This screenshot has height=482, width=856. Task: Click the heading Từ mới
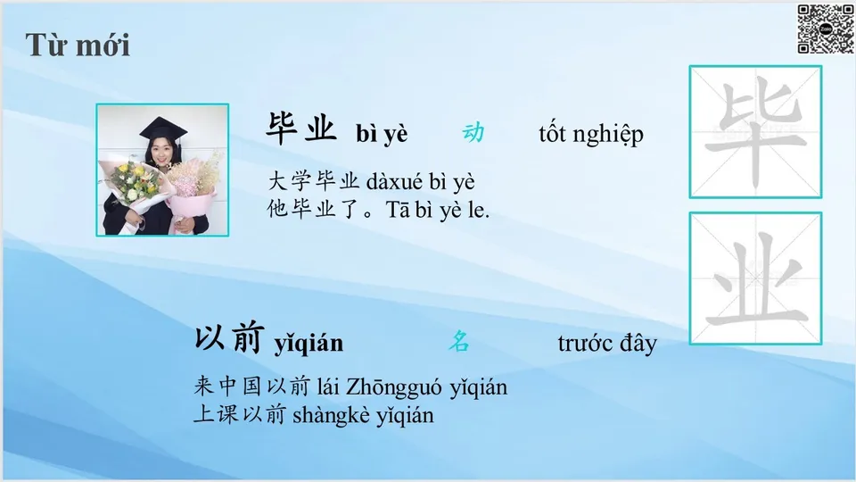[78, 44]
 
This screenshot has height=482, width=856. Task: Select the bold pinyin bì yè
[382, 134]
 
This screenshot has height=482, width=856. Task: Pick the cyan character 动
[473, 133]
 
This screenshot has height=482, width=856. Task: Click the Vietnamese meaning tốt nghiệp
[590, 135]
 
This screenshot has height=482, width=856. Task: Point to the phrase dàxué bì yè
[420, 183]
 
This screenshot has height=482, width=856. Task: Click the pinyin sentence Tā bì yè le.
[439, 212]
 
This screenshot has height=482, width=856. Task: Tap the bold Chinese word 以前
[229, 338]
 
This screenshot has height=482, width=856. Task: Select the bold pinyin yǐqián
[309, 344]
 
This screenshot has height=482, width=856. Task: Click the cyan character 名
[458, 341]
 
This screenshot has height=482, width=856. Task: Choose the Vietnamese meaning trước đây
[606, 343]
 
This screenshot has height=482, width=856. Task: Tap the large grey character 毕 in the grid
[754, 131]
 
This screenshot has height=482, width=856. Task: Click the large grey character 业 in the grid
[754, 278]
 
